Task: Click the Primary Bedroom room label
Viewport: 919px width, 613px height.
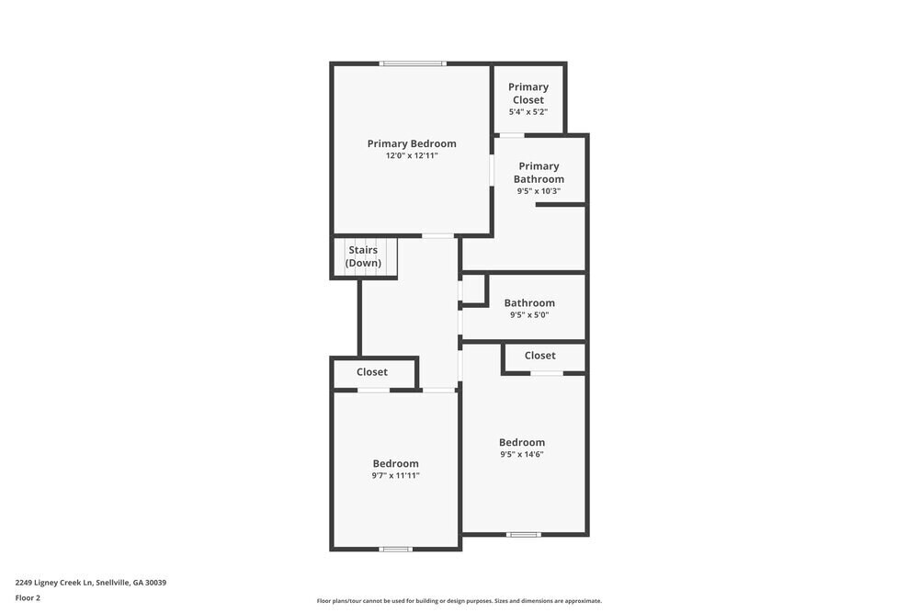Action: coord(412,143)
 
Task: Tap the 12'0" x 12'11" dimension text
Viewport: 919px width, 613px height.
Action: coord(412,156)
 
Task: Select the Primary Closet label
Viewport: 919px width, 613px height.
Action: coord(528,94)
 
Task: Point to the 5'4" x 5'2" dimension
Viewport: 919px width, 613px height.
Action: coord(528,112)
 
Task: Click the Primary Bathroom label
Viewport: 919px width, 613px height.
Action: coord(539,173)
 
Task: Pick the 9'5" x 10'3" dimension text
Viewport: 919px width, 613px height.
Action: coord(539,191)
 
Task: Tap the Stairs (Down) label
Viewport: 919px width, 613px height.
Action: coord(363,256)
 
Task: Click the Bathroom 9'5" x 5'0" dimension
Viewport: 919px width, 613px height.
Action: coord(529,314)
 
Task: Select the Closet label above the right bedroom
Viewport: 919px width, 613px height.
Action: coord(540,356)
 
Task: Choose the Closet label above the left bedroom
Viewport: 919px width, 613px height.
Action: coord(372,372)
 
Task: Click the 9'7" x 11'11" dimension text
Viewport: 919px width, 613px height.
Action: coord(395,475)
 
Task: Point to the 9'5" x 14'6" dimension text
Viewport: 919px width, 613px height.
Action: coord(522,454)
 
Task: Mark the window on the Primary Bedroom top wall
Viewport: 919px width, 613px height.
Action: coord(413,63)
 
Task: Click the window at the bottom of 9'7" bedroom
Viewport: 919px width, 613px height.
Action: coord(396,549)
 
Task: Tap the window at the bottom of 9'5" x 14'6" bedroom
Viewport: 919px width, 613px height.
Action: coord(524,534)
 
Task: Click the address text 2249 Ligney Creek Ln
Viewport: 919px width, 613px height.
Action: coord(91,583)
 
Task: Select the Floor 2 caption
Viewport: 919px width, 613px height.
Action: coord(28,597)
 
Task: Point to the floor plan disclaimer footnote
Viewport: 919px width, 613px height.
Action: coord(459,601)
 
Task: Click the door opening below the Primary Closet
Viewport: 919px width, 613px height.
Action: coord(512,135)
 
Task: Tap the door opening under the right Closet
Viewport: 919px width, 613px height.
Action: coord(547,373)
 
